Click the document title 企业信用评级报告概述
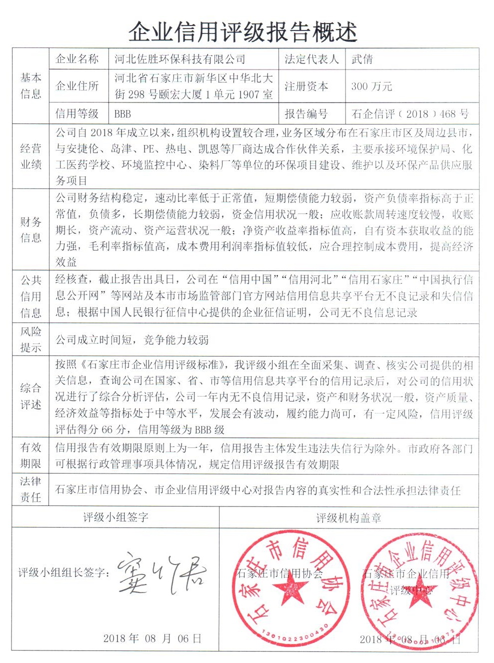[243, 32]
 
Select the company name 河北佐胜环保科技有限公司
[179, 59]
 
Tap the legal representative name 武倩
[362, 59]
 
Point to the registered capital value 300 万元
[371, 86]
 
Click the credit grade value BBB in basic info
[122, 114]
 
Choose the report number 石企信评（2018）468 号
[410, 114]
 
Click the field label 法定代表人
[311, 59]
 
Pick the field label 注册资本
[306, 86]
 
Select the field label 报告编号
[306, 114]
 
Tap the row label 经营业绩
[30, 156]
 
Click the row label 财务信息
[30, 229]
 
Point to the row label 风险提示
[30, 339]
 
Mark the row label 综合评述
[30, 396]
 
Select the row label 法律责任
[30, 489]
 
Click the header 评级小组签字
[115, 517]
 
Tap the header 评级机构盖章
[348, 518]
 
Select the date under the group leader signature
[152, 638]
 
